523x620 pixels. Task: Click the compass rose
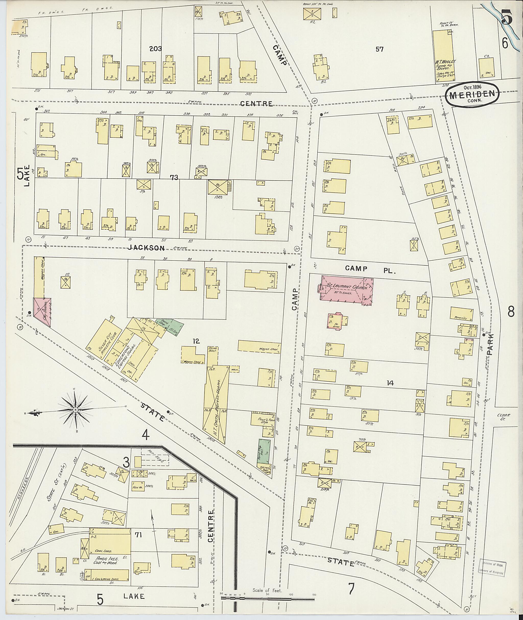[76, 410]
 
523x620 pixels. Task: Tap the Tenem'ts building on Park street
[461, 314]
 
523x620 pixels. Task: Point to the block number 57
[379, 50]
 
